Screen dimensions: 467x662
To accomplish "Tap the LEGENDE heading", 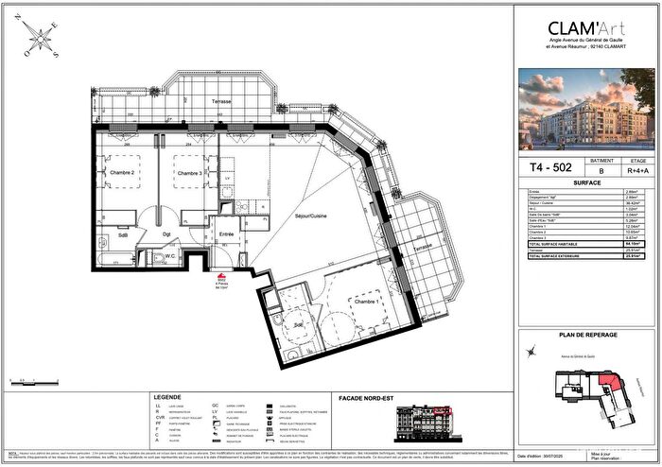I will (x=158, y=396).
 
